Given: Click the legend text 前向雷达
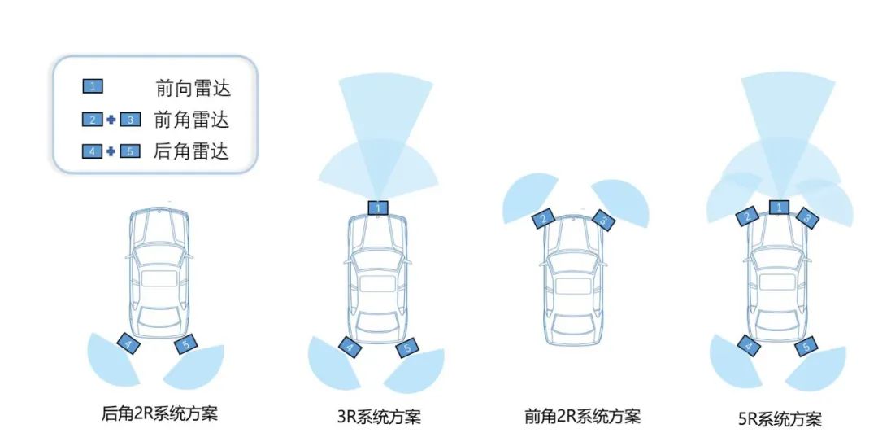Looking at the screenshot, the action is [x=193, y=88].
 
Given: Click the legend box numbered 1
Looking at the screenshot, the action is [x=92, y=85].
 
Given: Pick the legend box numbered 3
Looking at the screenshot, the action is [x=130, y=120].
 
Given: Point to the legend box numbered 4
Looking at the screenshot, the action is [x=92, y=151].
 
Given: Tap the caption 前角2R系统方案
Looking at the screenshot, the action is [x=582, y=417].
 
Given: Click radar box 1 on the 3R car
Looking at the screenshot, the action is [x=378, y=208].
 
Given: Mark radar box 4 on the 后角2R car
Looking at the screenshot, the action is [x=127, y=343].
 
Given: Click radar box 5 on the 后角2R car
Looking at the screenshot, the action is [x=186, y=345].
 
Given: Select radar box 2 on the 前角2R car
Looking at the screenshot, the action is [x=543, y=218].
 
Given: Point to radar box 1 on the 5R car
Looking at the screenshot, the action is [x=779, y=208].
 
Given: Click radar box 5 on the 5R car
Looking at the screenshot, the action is [x=806, y=348].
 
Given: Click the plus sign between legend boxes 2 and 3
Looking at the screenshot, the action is [x=111, y=120].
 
